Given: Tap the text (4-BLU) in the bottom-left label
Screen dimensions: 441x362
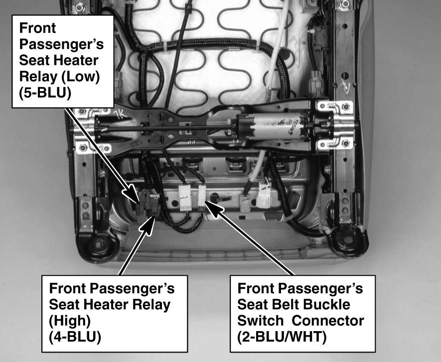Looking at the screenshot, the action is [x=75, y=337].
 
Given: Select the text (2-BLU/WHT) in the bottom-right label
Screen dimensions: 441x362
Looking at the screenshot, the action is [x=282, y=337].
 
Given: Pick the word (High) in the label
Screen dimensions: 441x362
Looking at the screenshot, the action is [x=70, y=321].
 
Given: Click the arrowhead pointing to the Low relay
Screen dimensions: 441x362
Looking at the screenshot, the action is [x=132, y=194].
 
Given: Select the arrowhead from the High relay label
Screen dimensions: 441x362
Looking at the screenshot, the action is [x=148, y=225].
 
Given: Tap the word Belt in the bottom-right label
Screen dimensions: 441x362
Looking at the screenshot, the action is [x=283, y=304].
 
